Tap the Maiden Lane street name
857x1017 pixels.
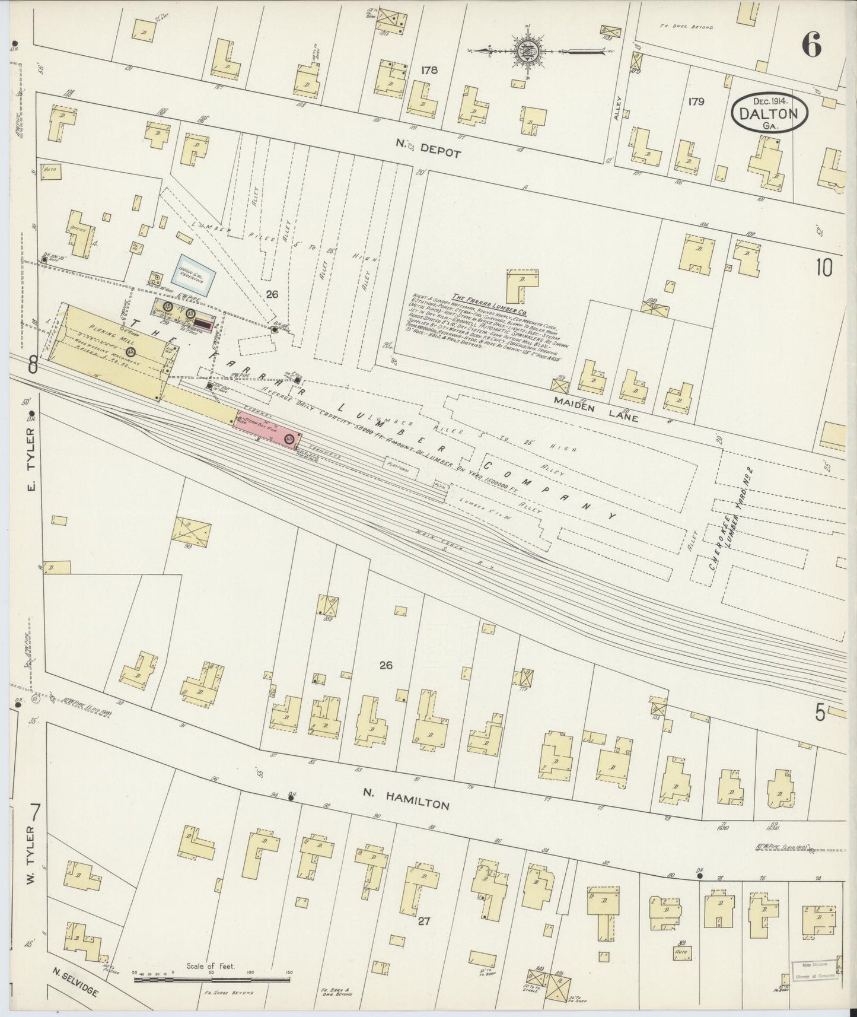pyautogui.click(x=596, y=409)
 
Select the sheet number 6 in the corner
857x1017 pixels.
pyautogui.click(x=811, y=45)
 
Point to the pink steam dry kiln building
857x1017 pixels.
pyautogui.click(x=265, y=428)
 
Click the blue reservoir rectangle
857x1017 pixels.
pyautogui.click(x=197, y=272)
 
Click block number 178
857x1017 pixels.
pyautogui.click(x=429, y=70)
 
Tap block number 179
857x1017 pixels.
pyautogui.click(x=696, y=101)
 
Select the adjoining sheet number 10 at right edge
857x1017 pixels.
pyautogui.click(x=824, y=268)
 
